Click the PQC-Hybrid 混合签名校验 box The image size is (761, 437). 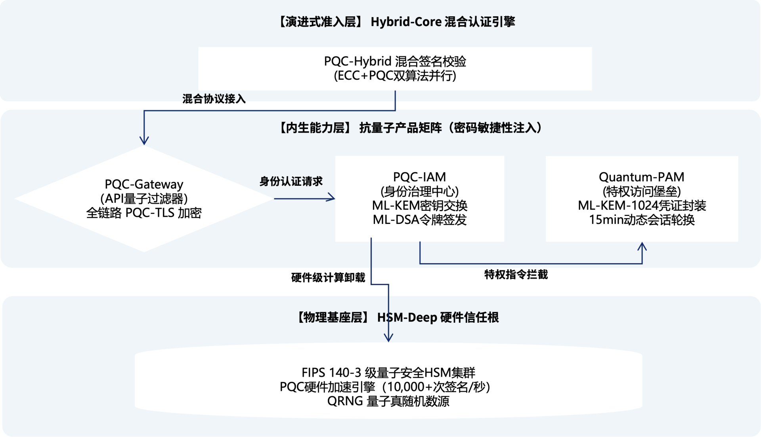click(395, 69)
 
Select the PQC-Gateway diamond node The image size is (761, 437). click(144, 198)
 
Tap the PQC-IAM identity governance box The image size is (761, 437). click(419, 198)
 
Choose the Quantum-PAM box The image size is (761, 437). click(641, 198)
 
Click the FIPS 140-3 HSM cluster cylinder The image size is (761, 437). click(388, 381)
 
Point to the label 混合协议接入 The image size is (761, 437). click(214, 99)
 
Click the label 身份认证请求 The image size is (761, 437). click(291, 181)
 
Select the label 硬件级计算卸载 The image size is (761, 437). click(328, 277)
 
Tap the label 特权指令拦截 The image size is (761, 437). click(516, 274)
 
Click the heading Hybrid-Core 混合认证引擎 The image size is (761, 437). click(442, 22)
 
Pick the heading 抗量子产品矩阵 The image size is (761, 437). click(400, 128)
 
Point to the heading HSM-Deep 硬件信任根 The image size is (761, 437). click(438, 318)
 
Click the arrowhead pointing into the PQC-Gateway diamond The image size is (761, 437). click(144, 141)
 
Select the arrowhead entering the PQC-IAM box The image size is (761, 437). click(331, 198)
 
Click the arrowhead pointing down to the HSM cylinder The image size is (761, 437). click(388, 338)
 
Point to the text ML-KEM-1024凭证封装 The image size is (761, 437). click(642, 206)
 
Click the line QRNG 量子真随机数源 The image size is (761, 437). click(388, 401)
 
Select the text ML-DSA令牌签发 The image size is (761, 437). click(419, 219)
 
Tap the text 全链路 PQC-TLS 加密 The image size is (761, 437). click(144, 213)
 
